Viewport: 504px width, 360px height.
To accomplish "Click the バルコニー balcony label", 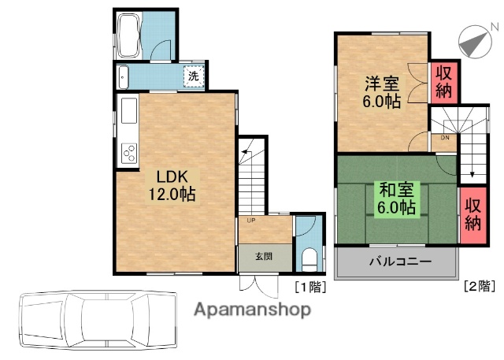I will (395, 262).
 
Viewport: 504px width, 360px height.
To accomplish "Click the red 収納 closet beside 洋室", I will (443, 83).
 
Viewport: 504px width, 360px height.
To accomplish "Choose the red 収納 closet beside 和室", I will (472, 213).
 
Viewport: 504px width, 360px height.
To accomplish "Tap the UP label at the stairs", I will (250, 221).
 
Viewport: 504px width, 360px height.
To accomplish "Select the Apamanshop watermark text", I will (251, 309).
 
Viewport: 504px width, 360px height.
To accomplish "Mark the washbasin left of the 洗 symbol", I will (124, 77).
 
